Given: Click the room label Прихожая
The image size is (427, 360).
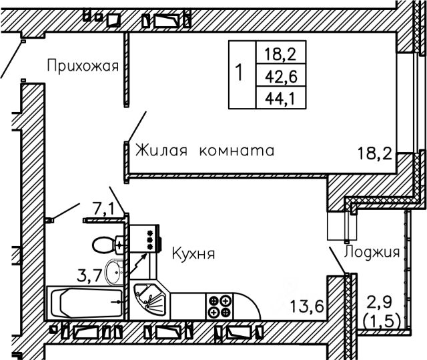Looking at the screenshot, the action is tap(83, 66).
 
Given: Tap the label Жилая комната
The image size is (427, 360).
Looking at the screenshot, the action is tap(205, 150).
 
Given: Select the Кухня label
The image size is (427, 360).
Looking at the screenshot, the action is tap(193, 253).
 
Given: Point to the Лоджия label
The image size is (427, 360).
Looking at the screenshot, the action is tap(372, 252).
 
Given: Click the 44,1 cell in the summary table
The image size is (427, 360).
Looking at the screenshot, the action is tap(281, 98).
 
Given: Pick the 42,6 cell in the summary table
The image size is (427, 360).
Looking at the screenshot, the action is tap(281, 75).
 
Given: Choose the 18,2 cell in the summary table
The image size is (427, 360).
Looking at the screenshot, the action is tap(281, 53).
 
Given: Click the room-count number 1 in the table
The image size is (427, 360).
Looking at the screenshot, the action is tap(240, 72).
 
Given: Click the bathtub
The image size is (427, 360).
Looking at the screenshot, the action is tap(85, 303).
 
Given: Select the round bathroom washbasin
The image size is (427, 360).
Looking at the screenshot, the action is tap(114, 272).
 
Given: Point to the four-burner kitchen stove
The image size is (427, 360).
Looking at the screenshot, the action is tap(220, 307).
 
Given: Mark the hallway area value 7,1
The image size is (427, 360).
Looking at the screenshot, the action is tap(103, 209).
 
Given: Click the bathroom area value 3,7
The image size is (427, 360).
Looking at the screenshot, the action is tap(89, 275).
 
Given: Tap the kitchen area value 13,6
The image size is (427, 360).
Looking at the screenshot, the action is tap(307, 306).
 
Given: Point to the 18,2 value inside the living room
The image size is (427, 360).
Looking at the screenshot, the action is tap(375, 153).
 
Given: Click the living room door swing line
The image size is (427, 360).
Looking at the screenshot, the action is tap(137, 127).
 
